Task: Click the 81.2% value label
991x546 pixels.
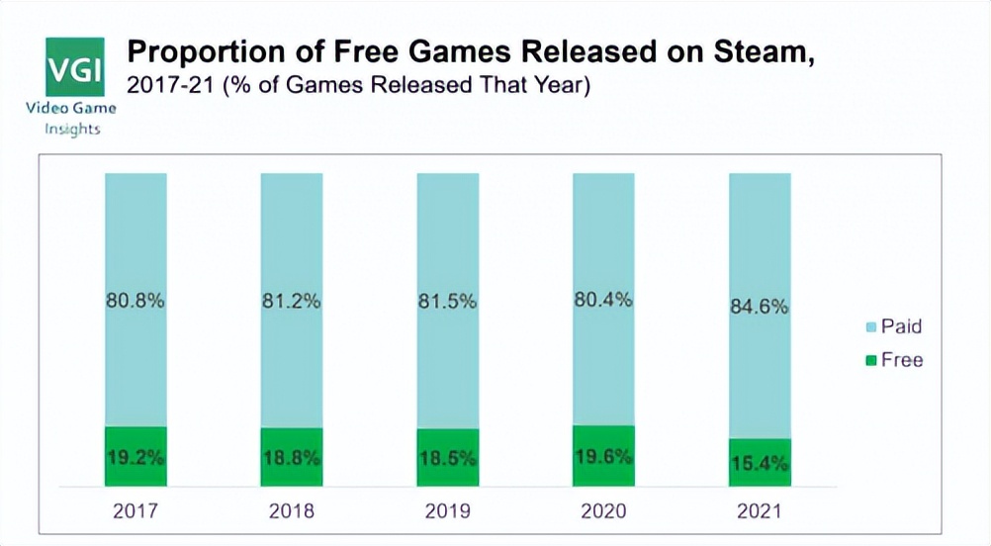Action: [291, 302]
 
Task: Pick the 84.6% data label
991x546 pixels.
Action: [760, 306]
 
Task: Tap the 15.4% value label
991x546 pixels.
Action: [760, 463]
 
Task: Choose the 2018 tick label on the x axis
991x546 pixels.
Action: [291, 511]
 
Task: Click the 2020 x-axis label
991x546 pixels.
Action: [603, 511]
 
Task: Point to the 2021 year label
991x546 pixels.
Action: [760, 511]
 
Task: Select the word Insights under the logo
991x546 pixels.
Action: [72, 130]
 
